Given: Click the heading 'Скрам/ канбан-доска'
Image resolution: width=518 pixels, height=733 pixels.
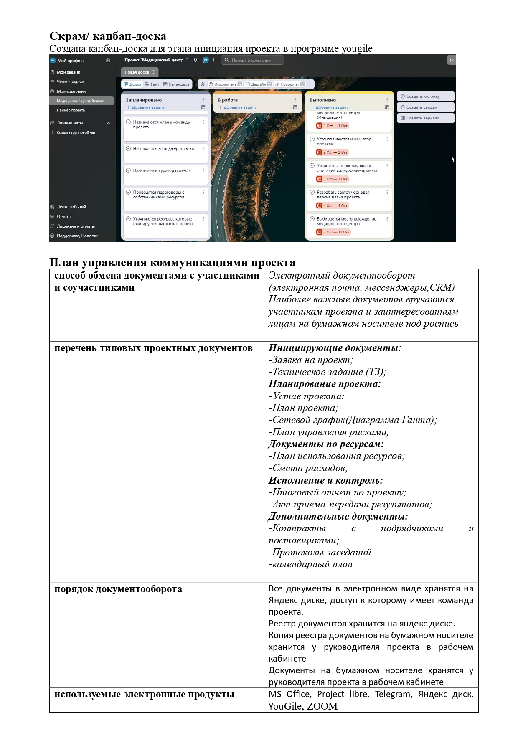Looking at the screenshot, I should pos(108,36).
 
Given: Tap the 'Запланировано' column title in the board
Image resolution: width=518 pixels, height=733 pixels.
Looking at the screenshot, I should pos(144,100).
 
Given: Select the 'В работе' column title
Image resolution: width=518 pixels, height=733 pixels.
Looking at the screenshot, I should pos(228,100).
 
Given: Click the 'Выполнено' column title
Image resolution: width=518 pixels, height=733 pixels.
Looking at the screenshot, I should pos(322,100).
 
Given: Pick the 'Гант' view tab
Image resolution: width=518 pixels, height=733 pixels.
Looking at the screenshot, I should pos(152,84).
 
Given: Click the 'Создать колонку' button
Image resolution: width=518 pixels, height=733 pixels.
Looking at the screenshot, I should pos(423,96).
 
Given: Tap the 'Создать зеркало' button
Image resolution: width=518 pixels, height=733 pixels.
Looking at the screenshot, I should pos(423,118).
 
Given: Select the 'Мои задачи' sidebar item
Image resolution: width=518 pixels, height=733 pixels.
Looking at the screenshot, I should pos(69,72).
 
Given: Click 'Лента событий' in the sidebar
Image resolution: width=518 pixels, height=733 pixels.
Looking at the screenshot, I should pos(71,207).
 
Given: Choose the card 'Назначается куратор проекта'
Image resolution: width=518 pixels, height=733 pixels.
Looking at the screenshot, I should pos(162,171).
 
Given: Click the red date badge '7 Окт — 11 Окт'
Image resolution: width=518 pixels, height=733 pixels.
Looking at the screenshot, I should pos(333,232).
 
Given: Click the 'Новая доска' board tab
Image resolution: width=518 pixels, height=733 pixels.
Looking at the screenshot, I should pos(137,72).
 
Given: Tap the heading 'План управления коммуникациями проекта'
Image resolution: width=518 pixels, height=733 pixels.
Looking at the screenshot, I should pos(172,263).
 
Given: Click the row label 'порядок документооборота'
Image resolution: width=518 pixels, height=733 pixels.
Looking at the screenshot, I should pos(118,589).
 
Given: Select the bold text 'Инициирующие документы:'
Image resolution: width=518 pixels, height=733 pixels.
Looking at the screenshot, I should pos(335,348).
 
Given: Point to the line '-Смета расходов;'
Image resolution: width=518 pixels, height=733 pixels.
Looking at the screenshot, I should pos(308,468).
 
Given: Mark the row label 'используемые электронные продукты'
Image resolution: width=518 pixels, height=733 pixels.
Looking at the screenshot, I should pos(144,695).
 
